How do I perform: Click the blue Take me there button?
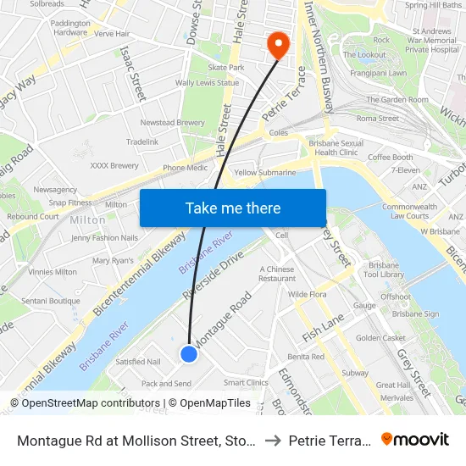pos(233,208)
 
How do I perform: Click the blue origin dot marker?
pos(189,353)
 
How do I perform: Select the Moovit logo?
pos(414,440)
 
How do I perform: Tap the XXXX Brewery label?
pos(114,166)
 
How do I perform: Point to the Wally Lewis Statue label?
pos(207,83)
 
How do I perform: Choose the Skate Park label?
pos(226,67)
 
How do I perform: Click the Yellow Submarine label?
pos(265,173)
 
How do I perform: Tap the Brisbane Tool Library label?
pos(384,269)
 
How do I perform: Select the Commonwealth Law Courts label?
pos(409,211)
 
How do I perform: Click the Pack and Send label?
pos(166,384)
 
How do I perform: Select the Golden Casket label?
pos(380,338)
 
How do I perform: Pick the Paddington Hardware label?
pos(69,27)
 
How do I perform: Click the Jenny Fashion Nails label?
pos(104,238)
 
